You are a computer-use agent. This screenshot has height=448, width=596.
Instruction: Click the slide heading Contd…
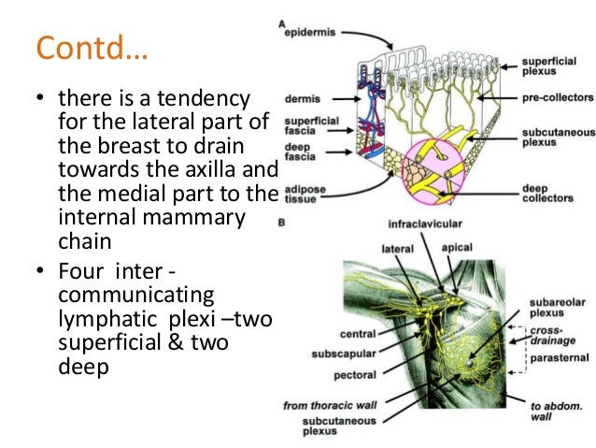pos(92,47)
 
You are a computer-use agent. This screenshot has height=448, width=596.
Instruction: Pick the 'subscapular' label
pos(349,354)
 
